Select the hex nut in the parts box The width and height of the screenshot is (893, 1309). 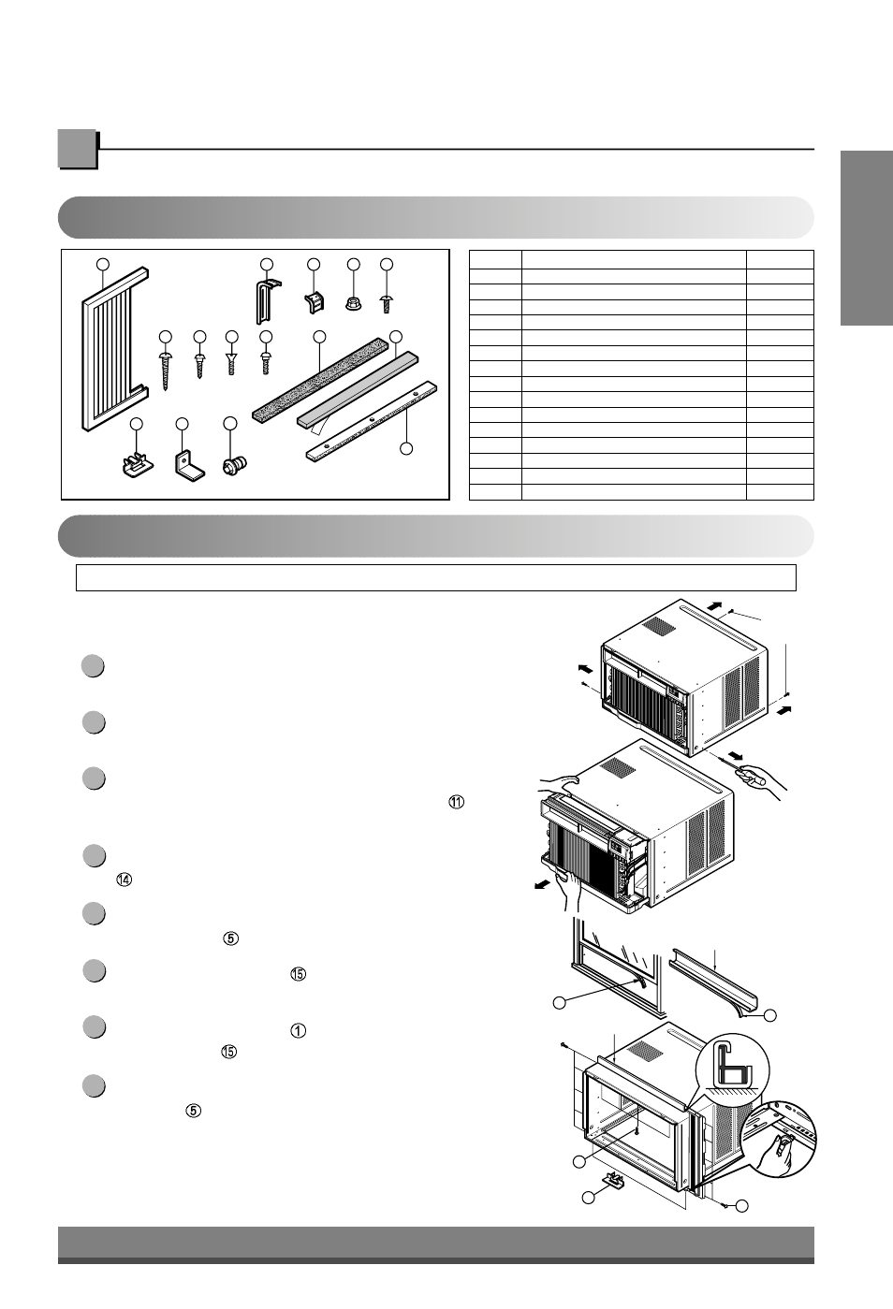click(x=354, y=303)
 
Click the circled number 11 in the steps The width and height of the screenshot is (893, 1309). click(x=457, y=802)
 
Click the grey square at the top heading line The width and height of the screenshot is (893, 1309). click(x=78, y=150)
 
